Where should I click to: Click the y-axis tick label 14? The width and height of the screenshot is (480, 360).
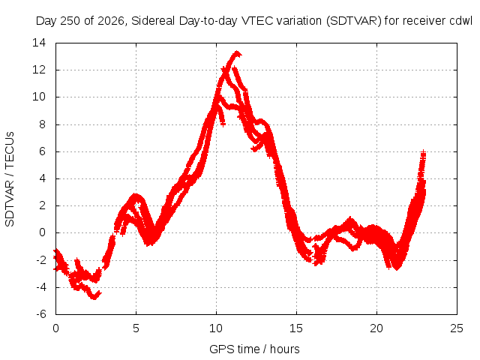(39, 43)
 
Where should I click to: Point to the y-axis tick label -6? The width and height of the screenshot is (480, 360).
(41, 314)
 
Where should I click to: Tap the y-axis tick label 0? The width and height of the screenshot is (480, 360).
(42, 232)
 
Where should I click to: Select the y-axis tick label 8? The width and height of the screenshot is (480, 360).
(42, 124)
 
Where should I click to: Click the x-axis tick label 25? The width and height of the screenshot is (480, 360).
(457, 328)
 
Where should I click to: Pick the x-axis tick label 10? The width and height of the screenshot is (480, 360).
(216, 328)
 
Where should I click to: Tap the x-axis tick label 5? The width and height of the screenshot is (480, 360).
(136, 328)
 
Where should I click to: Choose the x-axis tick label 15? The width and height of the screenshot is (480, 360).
(296, 328)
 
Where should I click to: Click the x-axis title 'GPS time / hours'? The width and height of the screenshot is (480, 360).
(254, 349)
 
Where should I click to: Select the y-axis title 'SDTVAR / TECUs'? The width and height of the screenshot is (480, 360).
(10, 179)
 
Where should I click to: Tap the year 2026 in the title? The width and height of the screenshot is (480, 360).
(110, 21)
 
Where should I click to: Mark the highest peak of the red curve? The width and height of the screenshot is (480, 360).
(237, 52)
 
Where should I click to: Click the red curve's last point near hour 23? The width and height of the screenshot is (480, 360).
(423, 152)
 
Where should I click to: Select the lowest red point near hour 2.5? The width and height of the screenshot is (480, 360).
(94, 297)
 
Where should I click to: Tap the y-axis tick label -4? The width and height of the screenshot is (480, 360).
(41, 287)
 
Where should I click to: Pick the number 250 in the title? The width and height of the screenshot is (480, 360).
(70, 21)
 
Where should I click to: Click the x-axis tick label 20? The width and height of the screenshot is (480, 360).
(376, 328)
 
